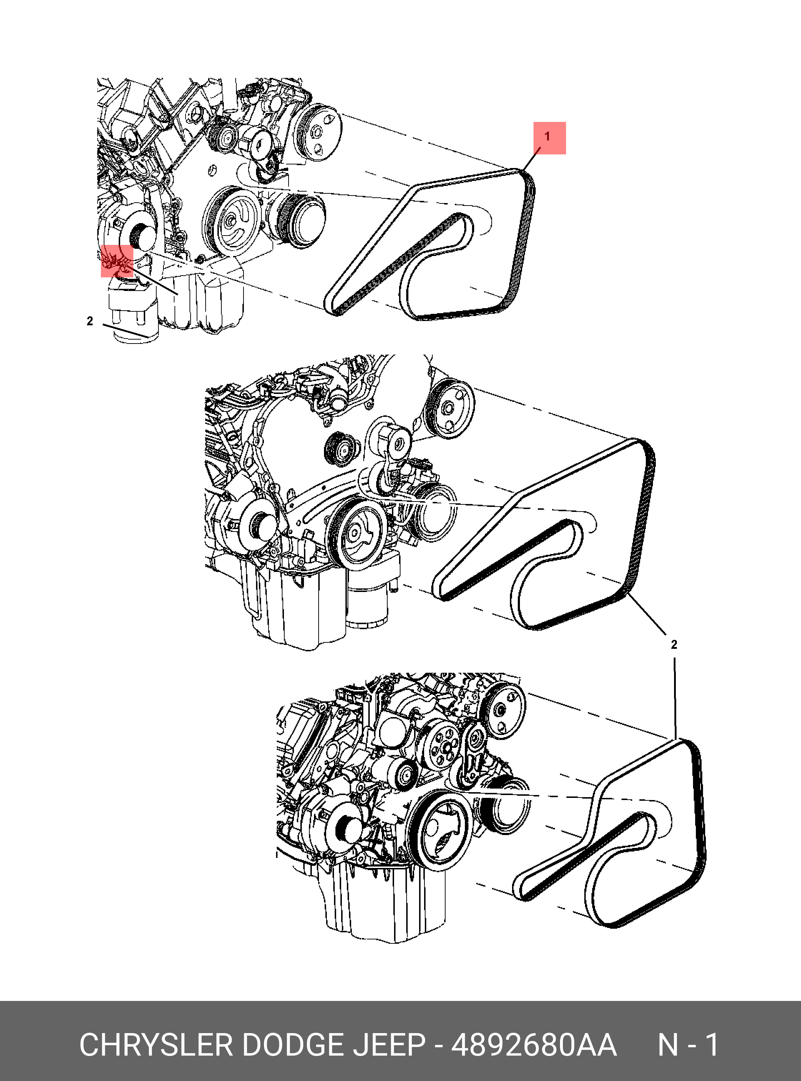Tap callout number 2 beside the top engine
click(x=90, y=321)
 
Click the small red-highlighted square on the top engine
click(x=117, y=261)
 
